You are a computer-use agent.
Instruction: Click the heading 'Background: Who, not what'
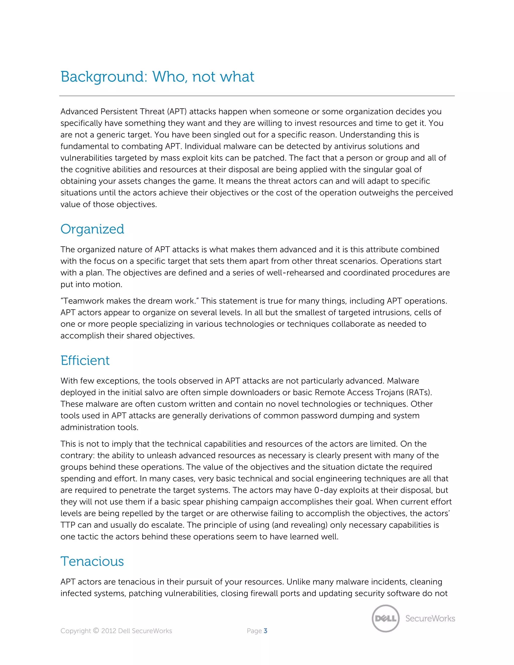pyautogui.click(x=157, y=77)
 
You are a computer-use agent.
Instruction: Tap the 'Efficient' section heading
pyautogui.click(x=85, y=361)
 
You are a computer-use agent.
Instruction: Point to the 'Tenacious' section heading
pyautogui.click(x=92, y=561)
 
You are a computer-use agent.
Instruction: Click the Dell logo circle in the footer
pyautogui.click(x=385, y=618)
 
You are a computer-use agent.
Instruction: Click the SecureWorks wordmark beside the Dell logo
pyautogui.click(x=430, y=618)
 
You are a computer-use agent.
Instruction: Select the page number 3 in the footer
pyautogui.click(x=266, y=631)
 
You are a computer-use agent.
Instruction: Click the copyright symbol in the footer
pyautogui.click(x=96, y=631)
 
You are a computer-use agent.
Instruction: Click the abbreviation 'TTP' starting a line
pyautogui.click(x=68, y=525)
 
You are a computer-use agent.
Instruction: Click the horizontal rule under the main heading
pyautogui.click(x=257, y=96)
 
